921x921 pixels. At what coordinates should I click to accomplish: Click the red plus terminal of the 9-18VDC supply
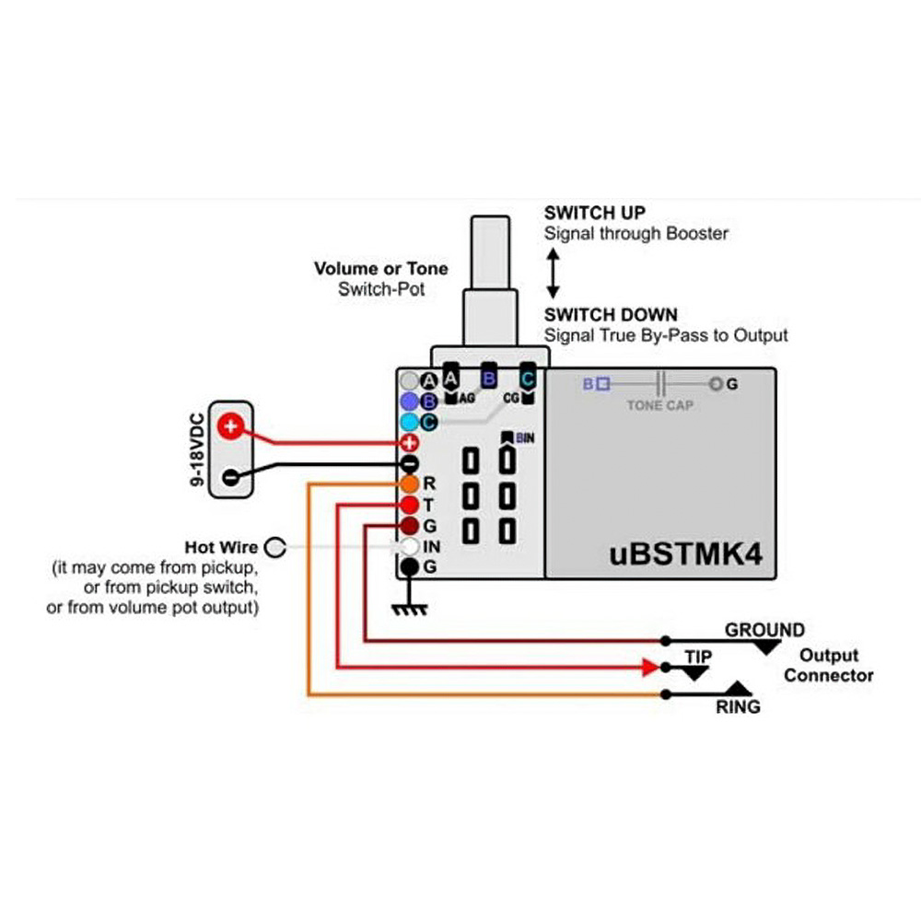(230, 426)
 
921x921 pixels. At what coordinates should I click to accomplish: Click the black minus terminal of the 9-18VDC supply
(230, 476)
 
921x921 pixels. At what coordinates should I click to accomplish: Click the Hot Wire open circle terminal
(274, 548)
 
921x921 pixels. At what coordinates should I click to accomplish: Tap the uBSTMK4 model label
(686, 554)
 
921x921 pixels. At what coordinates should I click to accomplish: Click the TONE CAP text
(659, 405)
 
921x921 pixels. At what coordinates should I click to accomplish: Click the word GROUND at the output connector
(764, 631)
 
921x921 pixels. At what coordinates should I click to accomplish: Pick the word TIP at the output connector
(698, 657)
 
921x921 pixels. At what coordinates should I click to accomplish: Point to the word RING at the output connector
(739, 707)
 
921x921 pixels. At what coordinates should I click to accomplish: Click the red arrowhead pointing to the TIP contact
(652, 666)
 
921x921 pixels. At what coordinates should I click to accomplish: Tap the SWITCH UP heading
(594, 213)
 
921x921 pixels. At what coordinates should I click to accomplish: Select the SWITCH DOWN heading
(611, 315)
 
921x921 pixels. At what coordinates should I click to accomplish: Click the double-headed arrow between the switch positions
(554, 274)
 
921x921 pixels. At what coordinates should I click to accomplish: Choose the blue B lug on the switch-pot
(489, 378)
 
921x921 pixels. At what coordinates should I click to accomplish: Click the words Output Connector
(828, 666)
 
